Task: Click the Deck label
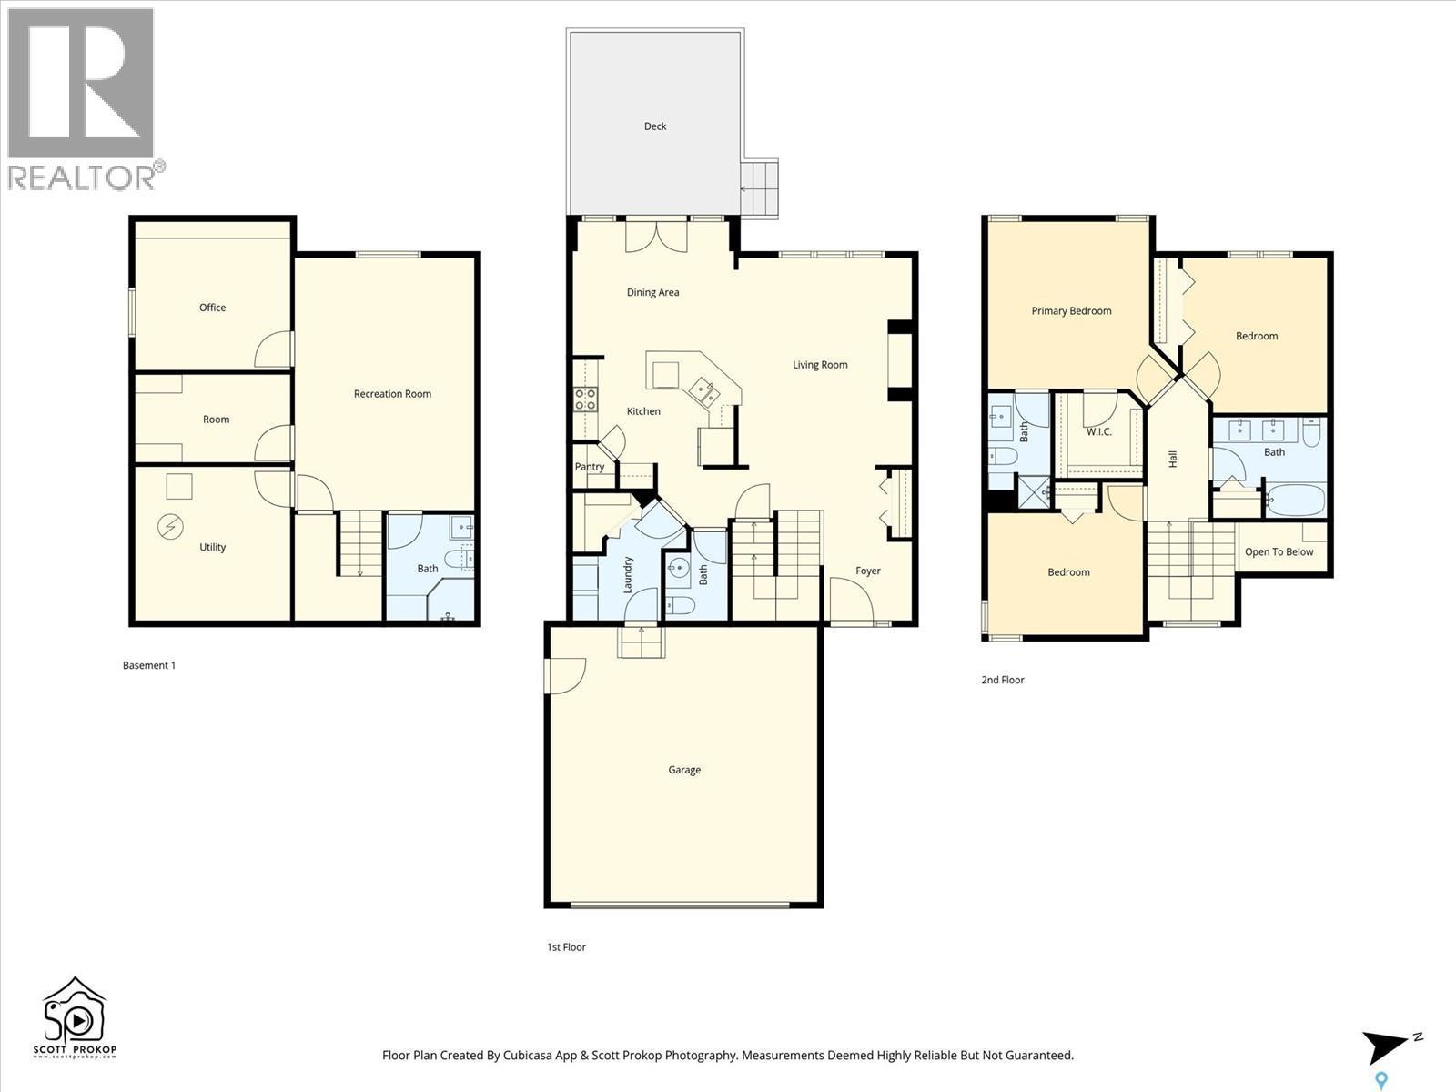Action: pyautogui.click(x=655, y=126)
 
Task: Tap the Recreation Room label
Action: pyautogui.click(x=392, y=394)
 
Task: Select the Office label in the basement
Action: pyautogui.click(x=212, y=308)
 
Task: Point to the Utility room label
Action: pyautogui.click(x=212, y=547)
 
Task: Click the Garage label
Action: pyautogui.click(x=684, y=770)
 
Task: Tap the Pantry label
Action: pyautogui.click(x=590, y=467)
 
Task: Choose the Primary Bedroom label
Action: pyautogui.click(x=1071, y=311)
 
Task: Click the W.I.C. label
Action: pyautogui.click(x=1099, y=431)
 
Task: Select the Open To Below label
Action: pyautogui.click(x=1279, y=551)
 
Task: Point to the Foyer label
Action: pyautogui.click(x=867, y=571)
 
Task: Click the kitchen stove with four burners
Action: pyautogui.click(x=585, y=398)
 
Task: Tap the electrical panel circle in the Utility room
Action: pyautogui.click(x=170, y=526)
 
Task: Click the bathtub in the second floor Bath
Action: pyautogui.click(x=1294, y=500)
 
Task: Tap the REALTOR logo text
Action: pyautogui.click(x=82, y=177)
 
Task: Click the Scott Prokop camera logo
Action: pyautogui.click(x=75, y=1016)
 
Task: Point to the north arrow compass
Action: pyautogui.click(x=1387, y=1046)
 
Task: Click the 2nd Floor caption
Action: pyautogui.click(x=1003, y=680)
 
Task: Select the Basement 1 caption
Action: pyautogui.click(x=149, y=665)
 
